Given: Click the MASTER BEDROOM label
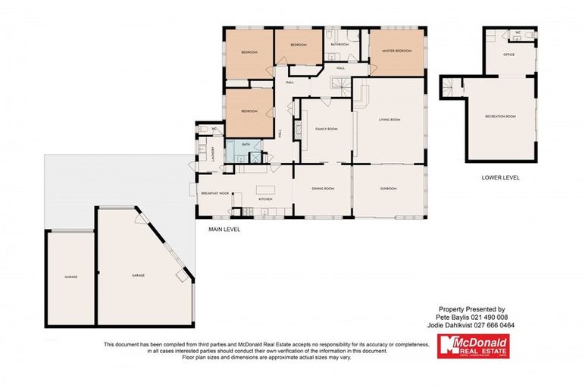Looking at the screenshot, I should point(396,51).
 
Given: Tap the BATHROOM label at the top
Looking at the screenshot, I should point(339,45).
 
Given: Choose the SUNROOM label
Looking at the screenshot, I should point(388,188).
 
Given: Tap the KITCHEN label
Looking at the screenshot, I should point(265,199).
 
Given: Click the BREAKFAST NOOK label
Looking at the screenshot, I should point(215,194).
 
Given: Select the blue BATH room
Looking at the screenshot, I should point(246,145).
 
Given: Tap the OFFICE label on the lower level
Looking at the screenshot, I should point(509,55).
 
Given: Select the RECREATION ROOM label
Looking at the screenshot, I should point(500,116).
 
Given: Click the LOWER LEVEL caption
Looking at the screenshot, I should point(499,178).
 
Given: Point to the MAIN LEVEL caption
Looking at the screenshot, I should point(224,228).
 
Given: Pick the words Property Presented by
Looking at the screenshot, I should point(471,309).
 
